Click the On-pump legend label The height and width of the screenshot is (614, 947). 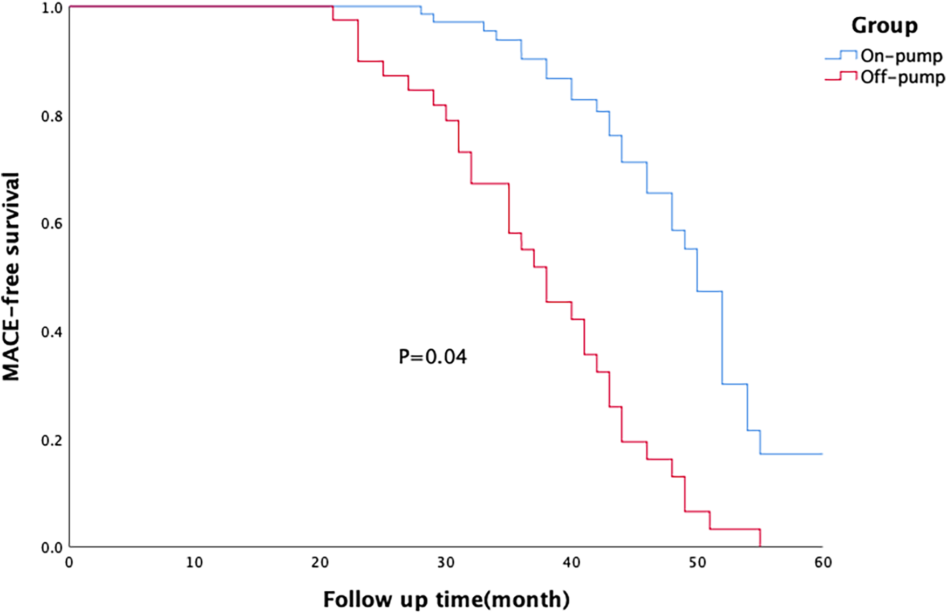[901, 56]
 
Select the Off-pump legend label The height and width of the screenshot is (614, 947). [902, 78]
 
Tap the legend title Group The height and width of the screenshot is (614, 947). [884, 26]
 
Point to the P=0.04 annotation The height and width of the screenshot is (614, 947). [432, 357]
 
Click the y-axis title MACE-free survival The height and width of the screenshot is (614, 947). [11, 277]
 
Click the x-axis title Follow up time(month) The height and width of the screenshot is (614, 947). [446, 599]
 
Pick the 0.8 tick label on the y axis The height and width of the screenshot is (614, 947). [52, 116]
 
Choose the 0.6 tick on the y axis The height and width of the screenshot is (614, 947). [52, 224]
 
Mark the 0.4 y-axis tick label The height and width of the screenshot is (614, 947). [52, 332]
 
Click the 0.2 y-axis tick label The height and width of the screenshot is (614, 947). [52, 440]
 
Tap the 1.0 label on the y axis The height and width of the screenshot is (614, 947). [52, 9]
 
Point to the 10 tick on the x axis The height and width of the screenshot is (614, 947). [195, 563]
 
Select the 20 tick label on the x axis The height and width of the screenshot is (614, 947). [320, 563]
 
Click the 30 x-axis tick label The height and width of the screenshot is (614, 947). [446, 563]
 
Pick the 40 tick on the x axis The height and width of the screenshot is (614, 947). [571, 563]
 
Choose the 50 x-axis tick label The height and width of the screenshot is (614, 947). [697, 563]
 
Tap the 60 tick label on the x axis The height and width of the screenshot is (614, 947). [823, 563]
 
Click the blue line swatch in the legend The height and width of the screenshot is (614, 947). [841, 56]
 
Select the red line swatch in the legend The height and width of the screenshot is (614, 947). [841, 77]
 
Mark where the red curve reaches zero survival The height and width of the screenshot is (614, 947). [760, 546]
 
